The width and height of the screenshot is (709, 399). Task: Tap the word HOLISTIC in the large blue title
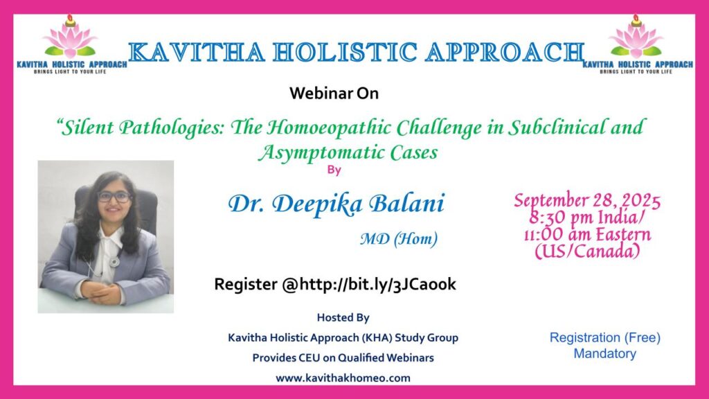[x=345, y=52]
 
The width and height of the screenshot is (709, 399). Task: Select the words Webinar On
[x=334, y=94]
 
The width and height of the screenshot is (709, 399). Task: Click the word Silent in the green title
[x=85, y=127]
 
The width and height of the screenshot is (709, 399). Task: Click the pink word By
[x=334, y=170]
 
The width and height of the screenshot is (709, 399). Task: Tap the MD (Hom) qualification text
[x=399, y=238]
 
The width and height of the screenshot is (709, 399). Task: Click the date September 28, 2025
[x=587, y=200]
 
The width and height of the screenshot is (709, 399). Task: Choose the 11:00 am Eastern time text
[x=587, y=234]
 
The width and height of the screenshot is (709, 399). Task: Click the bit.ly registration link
[x=378, y=284]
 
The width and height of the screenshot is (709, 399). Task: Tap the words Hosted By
[x=343, y=317]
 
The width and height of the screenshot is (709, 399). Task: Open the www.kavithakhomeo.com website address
[x=343, y=378]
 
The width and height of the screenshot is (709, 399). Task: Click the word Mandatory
[x=605, y=354]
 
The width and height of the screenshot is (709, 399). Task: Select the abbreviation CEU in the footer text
[x=309, y=358]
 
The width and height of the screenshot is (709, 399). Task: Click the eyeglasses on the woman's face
[x=114, y=197]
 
